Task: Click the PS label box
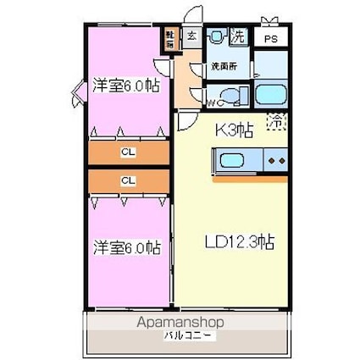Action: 270,39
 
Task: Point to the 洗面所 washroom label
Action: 224,67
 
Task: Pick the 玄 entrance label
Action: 191,36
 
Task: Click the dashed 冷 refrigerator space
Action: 276,122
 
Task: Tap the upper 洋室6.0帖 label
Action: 126,85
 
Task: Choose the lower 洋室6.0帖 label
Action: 126,247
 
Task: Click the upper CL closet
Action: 128,152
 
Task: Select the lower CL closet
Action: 128,180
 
